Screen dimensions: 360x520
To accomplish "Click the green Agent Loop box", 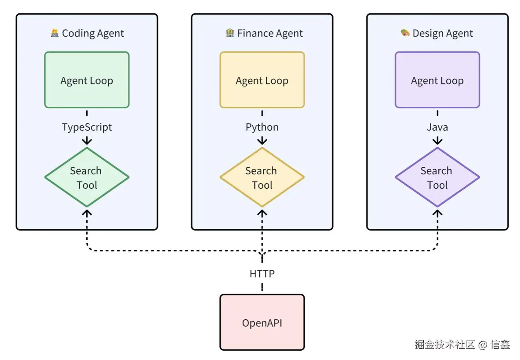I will [x=87, y=80].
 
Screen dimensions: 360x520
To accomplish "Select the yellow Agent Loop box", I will [x=262, y=80].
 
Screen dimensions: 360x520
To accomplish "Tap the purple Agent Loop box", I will [x=437, y=80].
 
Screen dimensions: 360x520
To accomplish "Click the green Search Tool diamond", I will [x=87, y=177].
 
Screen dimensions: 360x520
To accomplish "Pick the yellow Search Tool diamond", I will [x=262, y=177].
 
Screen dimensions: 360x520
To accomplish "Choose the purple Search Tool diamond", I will [x=437, y=177].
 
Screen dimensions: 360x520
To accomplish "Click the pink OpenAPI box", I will [x=262, y=323].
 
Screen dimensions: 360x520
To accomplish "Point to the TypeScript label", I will [x=87, y=127].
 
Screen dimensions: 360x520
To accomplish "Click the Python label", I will [x=262, y=127].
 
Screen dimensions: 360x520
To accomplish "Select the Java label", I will [x=437, y=127].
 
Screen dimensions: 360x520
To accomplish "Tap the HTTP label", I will [x=262, y=274].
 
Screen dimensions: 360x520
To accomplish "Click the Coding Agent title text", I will [x=93, y=33].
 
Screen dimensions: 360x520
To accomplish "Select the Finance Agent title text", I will [x=270, y=33].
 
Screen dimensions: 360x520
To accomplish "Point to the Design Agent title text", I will [x=442, y=33].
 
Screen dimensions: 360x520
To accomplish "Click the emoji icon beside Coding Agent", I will [x=55, y=33].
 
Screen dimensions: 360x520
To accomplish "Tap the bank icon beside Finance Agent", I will [x=230, y=33].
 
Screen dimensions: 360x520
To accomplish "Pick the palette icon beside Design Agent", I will [x=405, y=33].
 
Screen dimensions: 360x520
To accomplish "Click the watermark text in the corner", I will [x=462, y=345].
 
